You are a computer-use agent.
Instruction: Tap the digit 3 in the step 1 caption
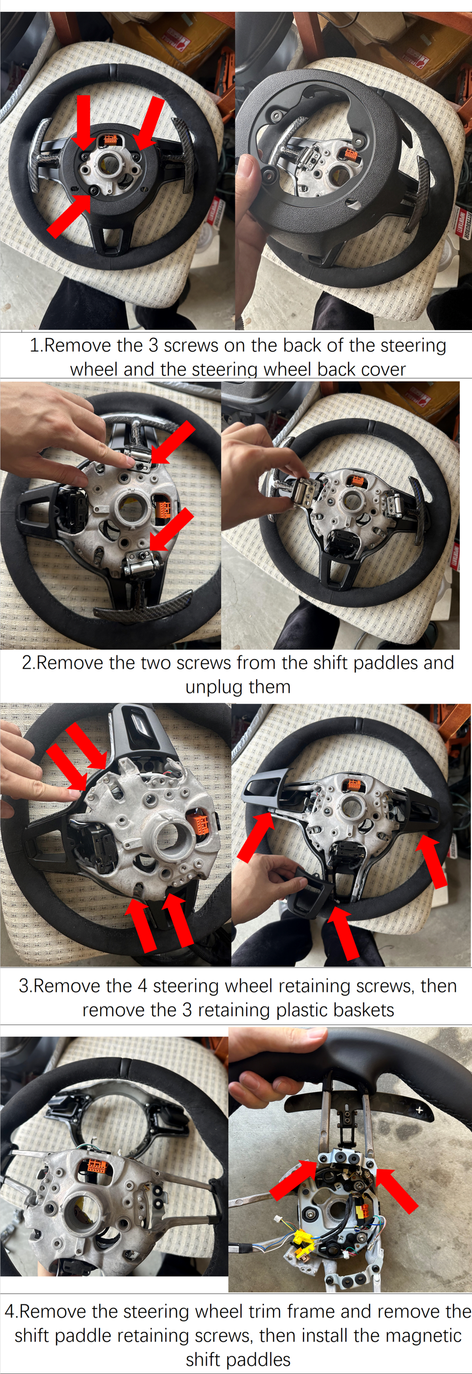coord(153,346)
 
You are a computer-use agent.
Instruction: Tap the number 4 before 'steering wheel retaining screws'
coord(142,986)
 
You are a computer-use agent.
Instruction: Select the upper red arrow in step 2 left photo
coord(172,442)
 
